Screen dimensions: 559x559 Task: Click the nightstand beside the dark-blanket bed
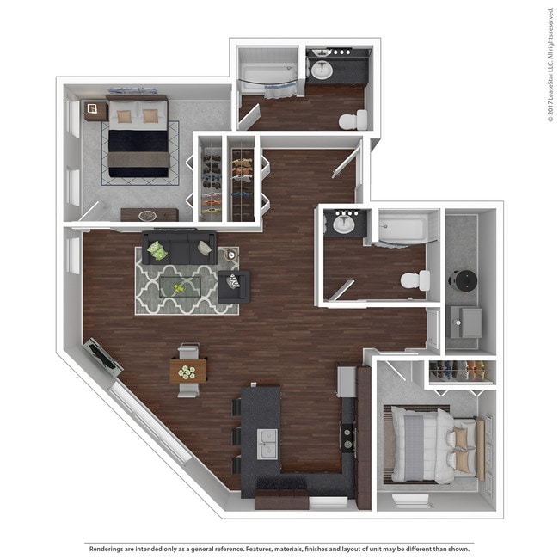pos(94,111)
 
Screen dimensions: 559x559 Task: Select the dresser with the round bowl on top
pos(148,215)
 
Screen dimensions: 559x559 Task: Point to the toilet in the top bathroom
pos(353,120)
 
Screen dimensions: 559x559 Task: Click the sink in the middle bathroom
pos(345,224)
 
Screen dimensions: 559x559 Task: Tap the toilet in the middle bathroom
pos(415,280)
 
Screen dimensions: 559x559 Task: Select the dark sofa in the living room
pos(179,248)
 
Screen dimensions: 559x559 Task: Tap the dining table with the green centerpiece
pos(187,371)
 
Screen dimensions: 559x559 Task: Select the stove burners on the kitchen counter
pos(347,436)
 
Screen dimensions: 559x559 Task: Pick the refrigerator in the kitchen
pos(347,381)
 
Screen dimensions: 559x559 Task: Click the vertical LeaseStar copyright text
pos(550,64)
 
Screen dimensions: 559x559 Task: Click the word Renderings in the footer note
pos(106,548)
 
